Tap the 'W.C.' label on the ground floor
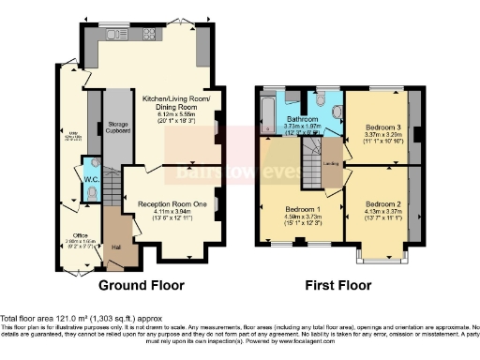[x=92, y=177]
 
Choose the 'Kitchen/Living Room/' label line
[x=176, y=98]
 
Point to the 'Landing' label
[x=331, y=164]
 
